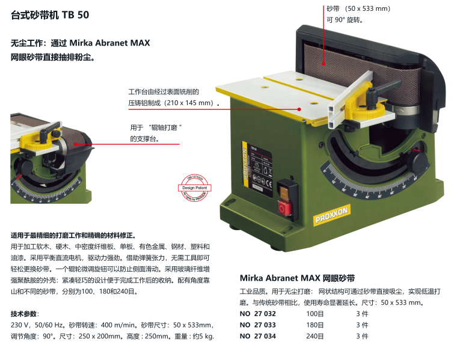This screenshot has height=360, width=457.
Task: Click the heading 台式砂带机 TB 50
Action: coord(50,15)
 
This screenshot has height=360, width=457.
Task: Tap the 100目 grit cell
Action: coord(315,314)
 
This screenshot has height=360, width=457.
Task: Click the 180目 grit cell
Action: coord(315,325)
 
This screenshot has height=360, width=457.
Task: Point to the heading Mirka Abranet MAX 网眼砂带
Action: coord(297,278)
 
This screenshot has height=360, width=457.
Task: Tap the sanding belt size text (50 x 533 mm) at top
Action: coord(358,8)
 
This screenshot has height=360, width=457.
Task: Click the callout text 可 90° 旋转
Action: coord(345,20)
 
